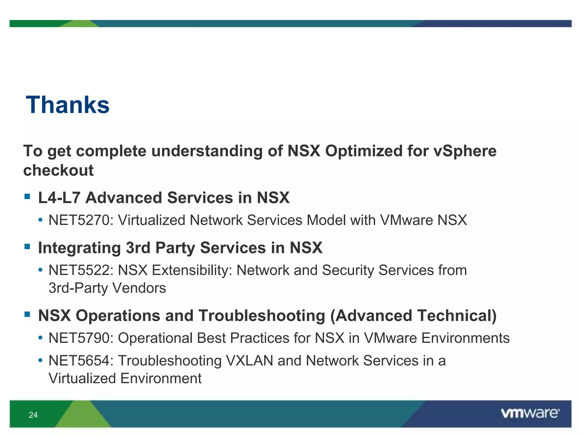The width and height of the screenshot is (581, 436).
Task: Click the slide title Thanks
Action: tap(68, 105)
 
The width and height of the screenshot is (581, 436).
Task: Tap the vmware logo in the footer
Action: tap(530, 413)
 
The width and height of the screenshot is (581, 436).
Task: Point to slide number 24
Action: tap(33, 415)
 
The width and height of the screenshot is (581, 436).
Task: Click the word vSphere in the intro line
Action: tap(465, 151)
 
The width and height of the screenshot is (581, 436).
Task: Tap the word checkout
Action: tap(58, 170)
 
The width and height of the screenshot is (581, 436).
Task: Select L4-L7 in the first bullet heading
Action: tap(59, 198)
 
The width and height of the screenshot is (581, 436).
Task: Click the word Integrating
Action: tap(79, 248)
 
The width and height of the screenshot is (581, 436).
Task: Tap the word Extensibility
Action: tap(192, 270)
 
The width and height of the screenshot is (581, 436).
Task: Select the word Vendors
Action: tap(139, 288)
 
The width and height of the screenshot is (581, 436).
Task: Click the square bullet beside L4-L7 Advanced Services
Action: tap(27, 196)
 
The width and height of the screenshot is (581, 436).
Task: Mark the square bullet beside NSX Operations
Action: tap(27, 314)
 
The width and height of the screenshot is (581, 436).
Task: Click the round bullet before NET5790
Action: tap(41, 338)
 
